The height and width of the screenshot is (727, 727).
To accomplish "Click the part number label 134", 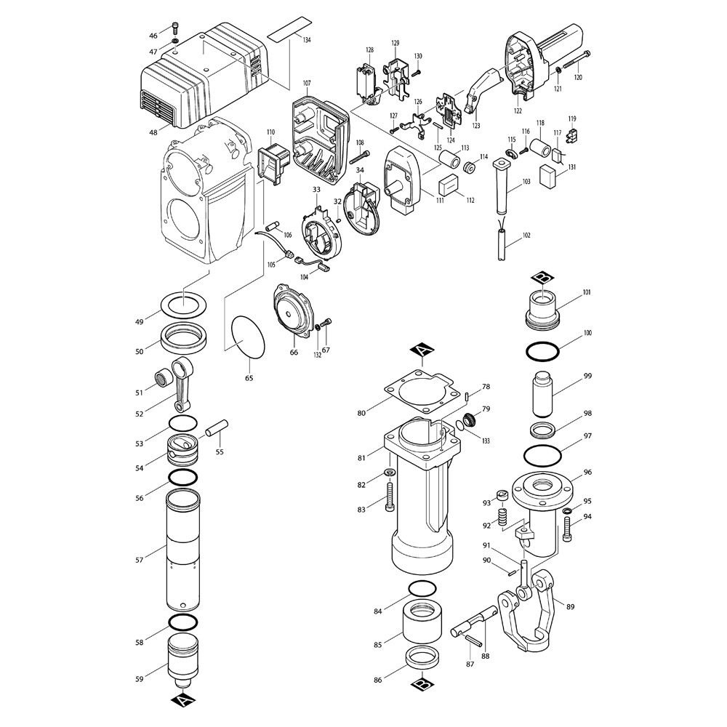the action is tap(307, 40).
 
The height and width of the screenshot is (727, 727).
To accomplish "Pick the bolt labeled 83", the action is tap(388, 497).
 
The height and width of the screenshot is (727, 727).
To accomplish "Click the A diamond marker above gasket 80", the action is tap(422, 351).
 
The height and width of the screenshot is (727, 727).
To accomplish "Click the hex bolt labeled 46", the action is tap(175, 28).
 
